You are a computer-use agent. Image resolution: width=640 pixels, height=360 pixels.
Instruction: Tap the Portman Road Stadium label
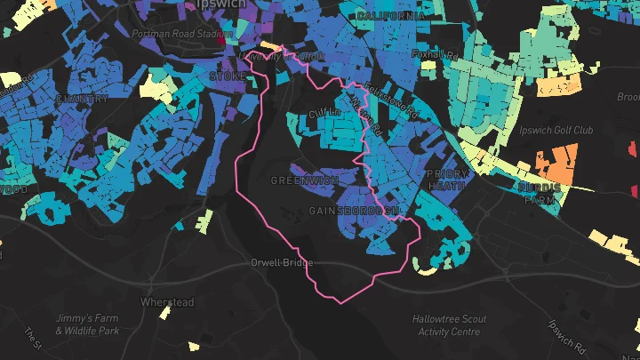[x=180, y=34]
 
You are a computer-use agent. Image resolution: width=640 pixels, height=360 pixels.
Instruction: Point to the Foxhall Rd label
[x=435, y=54]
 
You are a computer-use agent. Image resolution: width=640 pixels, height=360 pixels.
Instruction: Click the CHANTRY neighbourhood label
[x=82, y=99]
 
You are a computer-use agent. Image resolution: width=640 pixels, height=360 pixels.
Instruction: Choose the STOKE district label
[x=228, y=77]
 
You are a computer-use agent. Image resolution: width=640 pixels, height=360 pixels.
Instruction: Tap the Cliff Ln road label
[x=324, y=114]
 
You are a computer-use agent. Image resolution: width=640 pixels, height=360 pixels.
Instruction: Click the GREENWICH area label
[x=305, y=180]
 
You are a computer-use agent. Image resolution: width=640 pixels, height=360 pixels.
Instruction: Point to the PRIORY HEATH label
[x=446, y=180]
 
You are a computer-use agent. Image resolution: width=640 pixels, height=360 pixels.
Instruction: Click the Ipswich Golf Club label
[x=558, y=130]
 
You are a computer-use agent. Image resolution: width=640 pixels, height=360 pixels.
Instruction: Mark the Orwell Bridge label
[x=280, y=263]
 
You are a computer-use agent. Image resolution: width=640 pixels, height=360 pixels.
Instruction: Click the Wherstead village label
[x=167, y=302]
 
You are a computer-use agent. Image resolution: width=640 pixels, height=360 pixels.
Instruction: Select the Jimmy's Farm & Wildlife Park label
[x=86, y=324]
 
